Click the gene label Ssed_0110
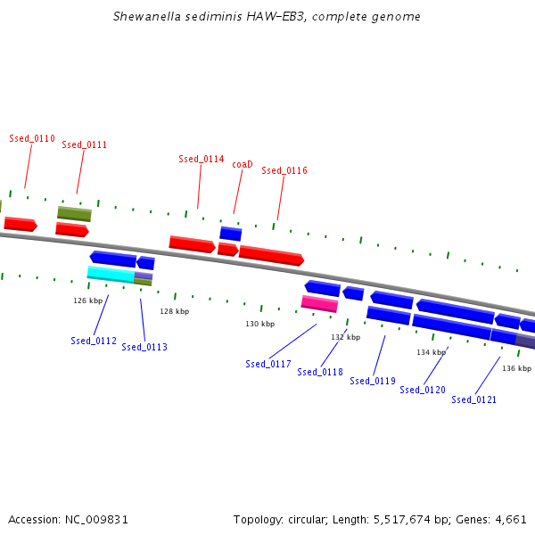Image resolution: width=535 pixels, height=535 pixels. pyautogui.click(x=32, y=138)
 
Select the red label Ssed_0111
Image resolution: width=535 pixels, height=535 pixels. pyautogui.click(x=85, y=144)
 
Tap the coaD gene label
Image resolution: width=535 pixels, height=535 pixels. pyautogui.click(x=243, y=164)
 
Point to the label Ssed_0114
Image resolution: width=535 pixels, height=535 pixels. pyautogui.click(x=202, y=159)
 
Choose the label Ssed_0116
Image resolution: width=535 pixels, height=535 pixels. pyautogui.click(x=284, y=170)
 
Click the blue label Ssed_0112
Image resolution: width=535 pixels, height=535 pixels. pyautogui.click(x=94, y=341)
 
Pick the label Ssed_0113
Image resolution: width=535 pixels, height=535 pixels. pyautogui.click(x=144, y=347)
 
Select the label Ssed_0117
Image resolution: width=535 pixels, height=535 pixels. pyautogui.click(x=268, y=364)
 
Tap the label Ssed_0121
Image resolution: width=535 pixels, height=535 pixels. pyautogui.click(x=474, y=399)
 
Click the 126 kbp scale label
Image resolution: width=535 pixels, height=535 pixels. pyautogui.click(x=88, y=300)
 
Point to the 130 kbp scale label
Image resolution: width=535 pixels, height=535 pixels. pyautogui.click(x=260, y=324)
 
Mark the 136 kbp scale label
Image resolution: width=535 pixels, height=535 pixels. pyautogui.click(x=516, y=368)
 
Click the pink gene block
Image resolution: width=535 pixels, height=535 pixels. pyautogui.click(x=320, y=304)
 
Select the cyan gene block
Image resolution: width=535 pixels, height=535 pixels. pyautogui.click(x=111, y=275)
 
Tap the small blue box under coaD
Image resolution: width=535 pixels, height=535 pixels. pyautogui.click(x=231, y=234)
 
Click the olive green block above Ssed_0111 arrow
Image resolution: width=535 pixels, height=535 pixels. pyautogui.click(x=74, y=214)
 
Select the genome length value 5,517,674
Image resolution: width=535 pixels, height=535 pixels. pyautogui.click(x=402, y=520)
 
